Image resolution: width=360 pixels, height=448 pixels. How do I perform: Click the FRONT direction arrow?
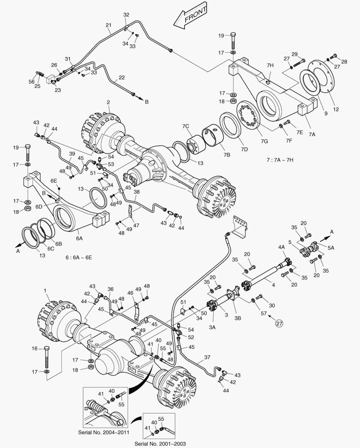pos(191,17)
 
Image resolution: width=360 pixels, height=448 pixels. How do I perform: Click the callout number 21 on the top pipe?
pos(108,25)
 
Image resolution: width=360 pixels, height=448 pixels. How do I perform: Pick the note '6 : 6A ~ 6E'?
pos(79,257)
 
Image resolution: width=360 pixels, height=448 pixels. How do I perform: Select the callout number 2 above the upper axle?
pos(108,102)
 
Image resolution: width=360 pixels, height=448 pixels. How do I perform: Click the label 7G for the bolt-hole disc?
pos(264,142)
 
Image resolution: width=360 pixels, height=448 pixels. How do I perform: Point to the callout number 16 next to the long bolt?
pos(35,348)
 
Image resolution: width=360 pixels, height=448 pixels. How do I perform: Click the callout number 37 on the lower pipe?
pos(207,357)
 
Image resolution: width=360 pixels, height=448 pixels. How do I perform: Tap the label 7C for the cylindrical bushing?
pos(185,126)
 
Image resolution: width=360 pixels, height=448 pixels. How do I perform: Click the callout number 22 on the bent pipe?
pos(122,77)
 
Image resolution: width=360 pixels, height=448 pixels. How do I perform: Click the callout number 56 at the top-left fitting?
pos(32,82)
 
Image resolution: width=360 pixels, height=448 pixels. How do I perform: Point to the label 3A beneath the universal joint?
pos(212,327)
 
